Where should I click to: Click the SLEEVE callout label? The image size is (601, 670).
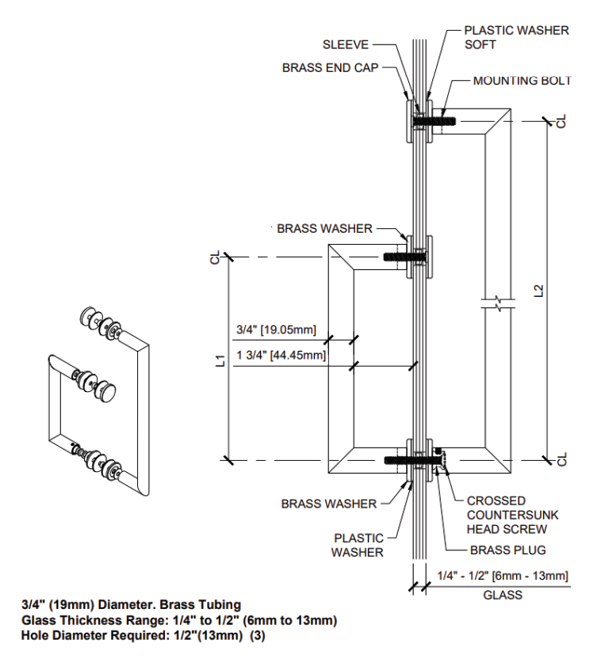(345, 45)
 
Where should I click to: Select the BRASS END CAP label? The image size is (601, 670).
(330, 68)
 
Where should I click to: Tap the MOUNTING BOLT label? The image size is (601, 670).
(522, 81)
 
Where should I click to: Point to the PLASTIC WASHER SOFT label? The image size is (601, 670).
(516, 37)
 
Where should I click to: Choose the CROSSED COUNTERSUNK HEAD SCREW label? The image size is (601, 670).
(507, 515)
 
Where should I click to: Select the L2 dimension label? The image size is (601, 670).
(539, 291)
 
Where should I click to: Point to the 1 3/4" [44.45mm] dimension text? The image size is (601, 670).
(281, 356)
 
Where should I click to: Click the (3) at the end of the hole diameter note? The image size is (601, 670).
(257, 635)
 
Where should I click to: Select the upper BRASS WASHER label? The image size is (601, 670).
(324, 228)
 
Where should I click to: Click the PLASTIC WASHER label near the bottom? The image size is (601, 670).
(358, 545)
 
